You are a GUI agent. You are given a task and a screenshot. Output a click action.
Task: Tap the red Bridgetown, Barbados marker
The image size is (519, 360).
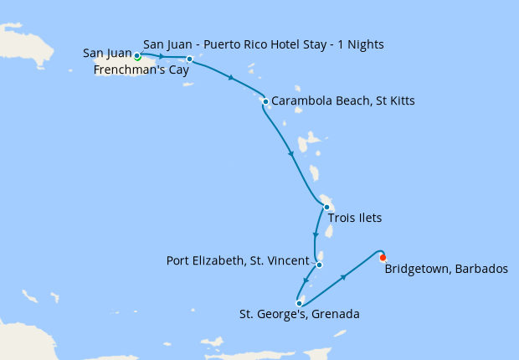(383, 257)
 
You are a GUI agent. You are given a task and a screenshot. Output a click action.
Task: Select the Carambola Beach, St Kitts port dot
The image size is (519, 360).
(265, 102)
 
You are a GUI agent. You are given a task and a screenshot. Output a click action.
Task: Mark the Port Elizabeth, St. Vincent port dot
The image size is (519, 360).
(319, 265)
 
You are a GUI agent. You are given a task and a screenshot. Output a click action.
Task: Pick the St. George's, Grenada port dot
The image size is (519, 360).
(299, 304)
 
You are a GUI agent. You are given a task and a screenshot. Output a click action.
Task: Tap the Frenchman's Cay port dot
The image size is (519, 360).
(190, 59)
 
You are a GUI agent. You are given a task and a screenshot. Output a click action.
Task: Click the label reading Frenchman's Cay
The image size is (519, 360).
(141, 70)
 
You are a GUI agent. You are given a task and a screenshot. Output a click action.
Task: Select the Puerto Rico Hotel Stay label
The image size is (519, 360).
(263, 44)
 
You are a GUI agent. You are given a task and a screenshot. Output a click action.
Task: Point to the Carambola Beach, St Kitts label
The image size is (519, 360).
(343, 101)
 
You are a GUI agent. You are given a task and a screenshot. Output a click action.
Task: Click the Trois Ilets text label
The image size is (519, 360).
(355, 219)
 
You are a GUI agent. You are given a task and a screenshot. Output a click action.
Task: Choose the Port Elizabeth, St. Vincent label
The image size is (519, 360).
(238, 260)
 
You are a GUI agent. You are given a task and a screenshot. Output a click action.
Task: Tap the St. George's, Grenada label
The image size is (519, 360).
(299, 316)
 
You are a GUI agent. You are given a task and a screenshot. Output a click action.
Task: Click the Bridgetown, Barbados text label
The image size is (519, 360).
(446, 269)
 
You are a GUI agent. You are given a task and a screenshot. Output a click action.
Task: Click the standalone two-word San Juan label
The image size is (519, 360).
(107, 54)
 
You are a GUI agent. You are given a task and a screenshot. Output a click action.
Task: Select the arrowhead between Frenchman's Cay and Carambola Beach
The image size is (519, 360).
(230, 78)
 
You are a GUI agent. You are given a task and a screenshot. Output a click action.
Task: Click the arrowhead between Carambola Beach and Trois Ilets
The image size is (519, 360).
(291, 153)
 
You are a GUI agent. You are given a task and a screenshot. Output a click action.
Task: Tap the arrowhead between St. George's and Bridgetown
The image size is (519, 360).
(342, 276)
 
